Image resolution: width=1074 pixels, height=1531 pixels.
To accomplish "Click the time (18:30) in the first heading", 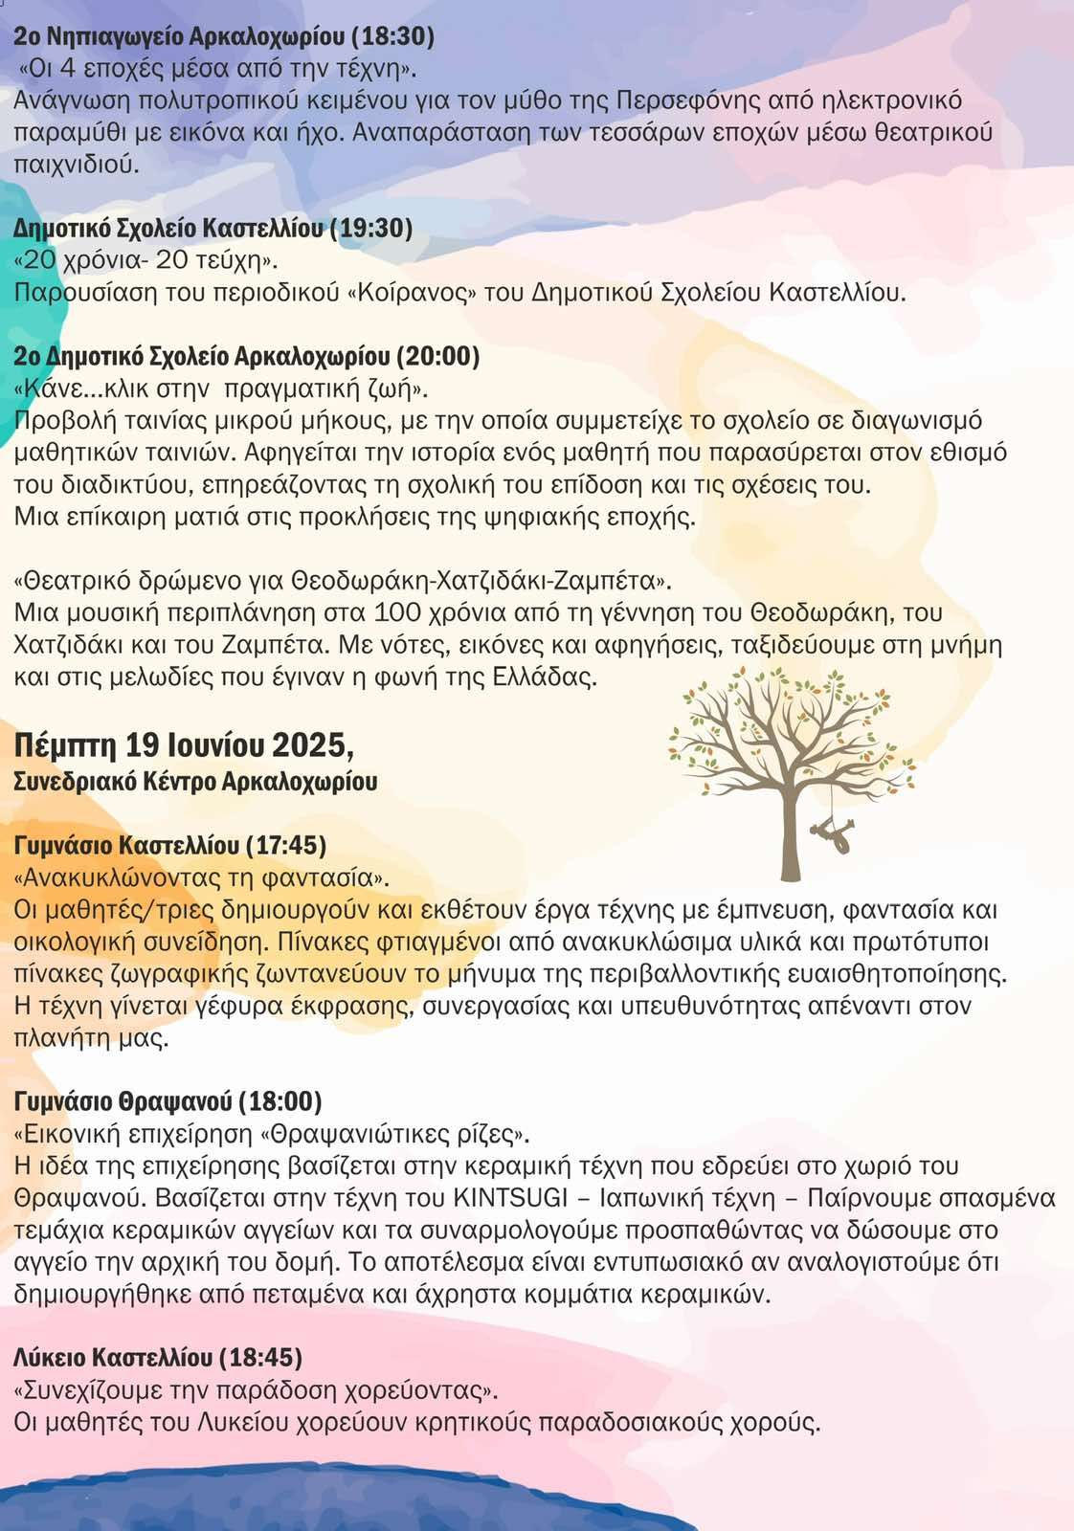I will click(392, 37).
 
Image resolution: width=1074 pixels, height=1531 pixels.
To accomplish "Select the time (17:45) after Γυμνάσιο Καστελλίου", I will click(286, 846).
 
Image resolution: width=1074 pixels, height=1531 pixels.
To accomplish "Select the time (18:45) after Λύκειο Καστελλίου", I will click(261, 1358).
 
